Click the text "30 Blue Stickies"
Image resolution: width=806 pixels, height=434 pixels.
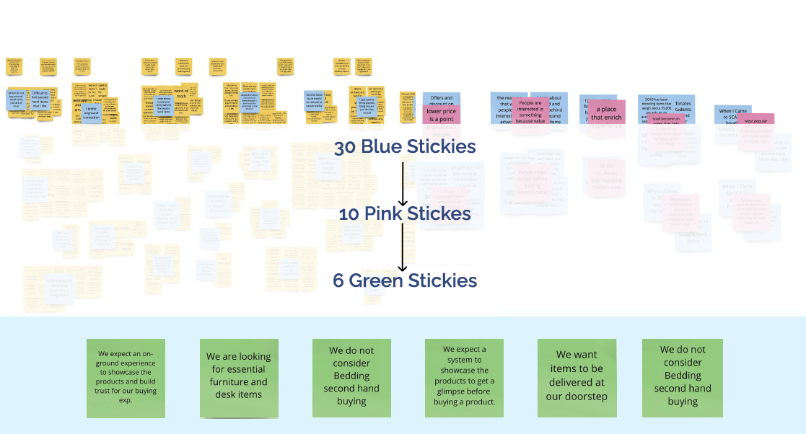pyautogui.click(x=404, y=147)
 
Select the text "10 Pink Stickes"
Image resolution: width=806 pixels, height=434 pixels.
pyautogui.click(x=405, y=214)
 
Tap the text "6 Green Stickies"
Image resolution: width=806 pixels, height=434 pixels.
pyautogui.click(x=405, y=280)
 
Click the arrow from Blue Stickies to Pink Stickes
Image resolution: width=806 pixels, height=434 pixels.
pyautogui.click(x=403, y=183)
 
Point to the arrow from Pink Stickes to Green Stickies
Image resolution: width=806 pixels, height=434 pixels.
pyautogui.click(x=403, y=247)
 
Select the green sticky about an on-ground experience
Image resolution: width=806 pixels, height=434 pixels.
pyautogui.click(x=126, y=378)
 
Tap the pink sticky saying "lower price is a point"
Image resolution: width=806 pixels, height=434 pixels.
pyautogui.click(x=441, y=115)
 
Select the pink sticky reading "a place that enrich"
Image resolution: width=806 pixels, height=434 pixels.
pyautogui.click(x=606, y=112)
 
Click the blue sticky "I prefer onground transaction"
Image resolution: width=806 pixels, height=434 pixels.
pyautogui.click(x=91, y=113)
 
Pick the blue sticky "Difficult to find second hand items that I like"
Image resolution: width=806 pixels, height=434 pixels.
pyautogui.click(x=40, y=99)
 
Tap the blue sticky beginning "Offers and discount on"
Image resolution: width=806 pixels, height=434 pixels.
pyautogui.click(x=441, y=99)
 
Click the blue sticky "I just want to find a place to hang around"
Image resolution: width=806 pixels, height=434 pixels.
pyautogui.click(x=366, y=108)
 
